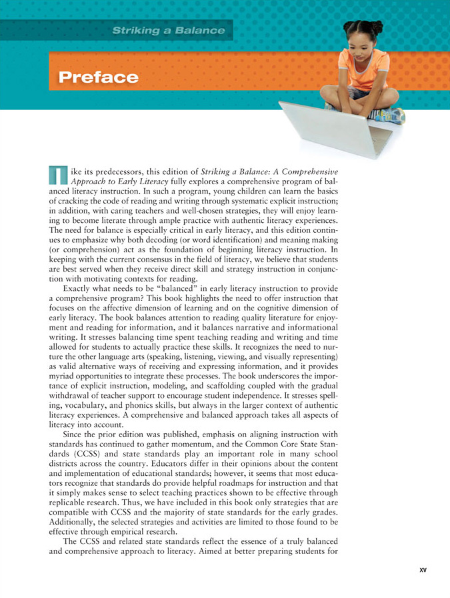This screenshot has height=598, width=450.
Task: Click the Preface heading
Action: [99, 77]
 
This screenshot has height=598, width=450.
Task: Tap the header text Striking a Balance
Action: [169, 30]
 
